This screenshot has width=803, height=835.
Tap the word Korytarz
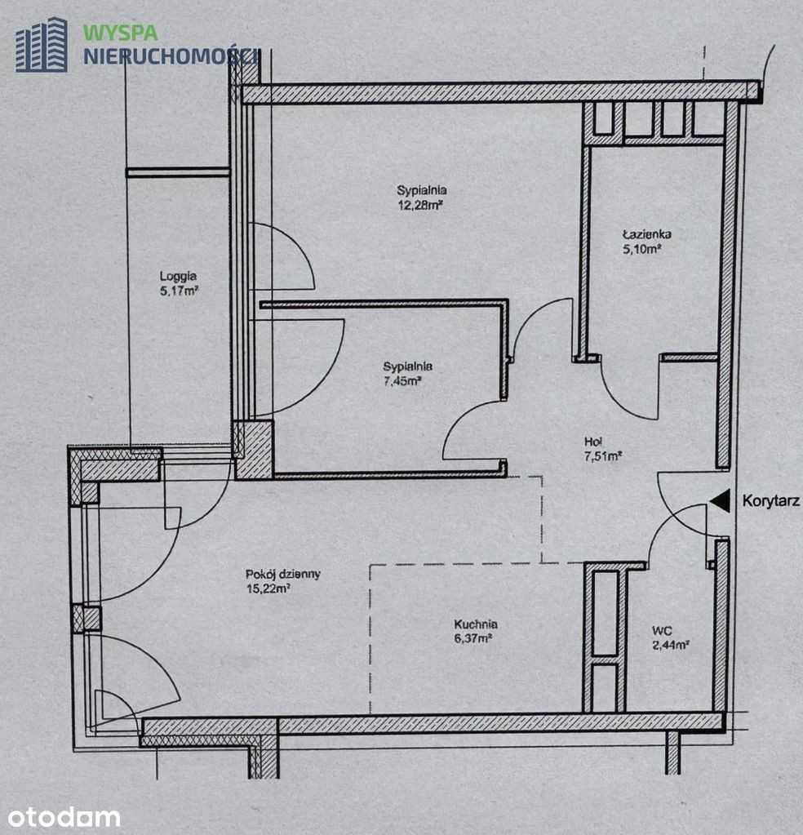point(771,501)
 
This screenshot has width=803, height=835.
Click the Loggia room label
point(179,276)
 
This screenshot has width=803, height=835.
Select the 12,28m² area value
point(421,205)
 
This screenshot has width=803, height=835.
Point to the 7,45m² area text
point(402,380)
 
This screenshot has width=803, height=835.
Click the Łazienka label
point(647,233)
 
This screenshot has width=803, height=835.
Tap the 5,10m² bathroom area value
point(642,249)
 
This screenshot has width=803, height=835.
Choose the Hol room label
point(593,442)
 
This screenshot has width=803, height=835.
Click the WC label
point(662,631)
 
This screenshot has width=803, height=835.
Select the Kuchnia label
point(476,624)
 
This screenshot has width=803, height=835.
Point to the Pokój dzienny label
point(282,575)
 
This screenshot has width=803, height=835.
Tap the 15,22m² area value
point(268,588)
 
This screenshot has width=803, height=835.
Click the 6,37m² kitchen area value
point(472,638)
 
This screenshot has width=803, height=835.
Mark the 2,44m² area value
point(672,646)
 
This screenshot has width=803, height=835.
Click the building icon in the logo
point(42,45)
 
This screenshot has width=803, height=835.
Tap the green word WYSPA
point(120,33)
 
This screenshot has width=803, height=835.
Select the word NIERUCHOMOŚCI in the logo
point(171,56)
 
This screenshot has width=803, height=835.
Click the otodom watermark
point(64,817)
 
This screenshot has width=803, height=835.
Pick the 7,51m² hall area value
point(603,456)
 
